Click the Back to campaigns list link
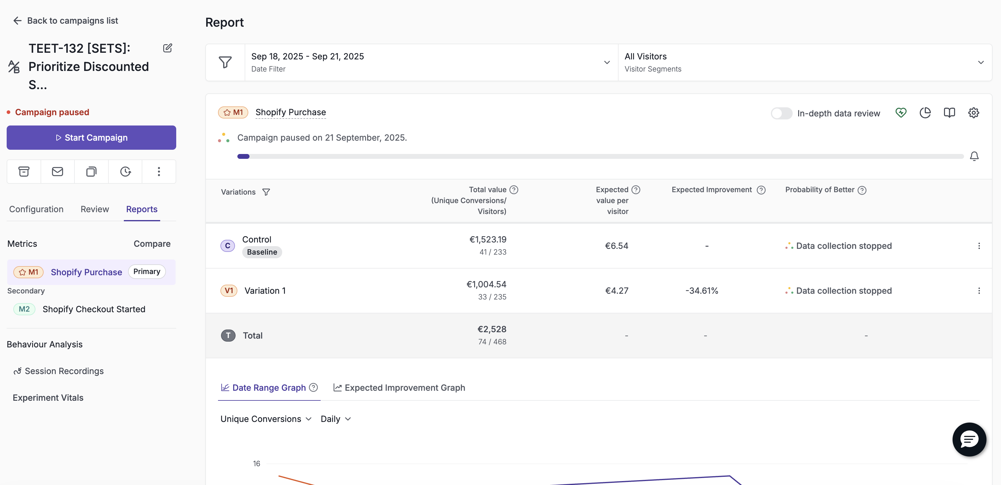pyautogui.click(x=65, y=21)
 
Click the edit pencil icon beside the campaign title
pyautogui.click(x=167, y=48)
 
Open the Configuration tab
pyautogui.click(x=36, y=209)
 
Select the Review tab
pyautogui.click(x=95, y=209)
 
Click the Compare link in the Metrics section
pyautogui.click(x=152, y=244)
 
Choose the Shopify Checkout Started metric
pyautogui.click(x=94, y=309)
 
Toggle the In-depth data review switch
pyautogui.click(x=781, y=113)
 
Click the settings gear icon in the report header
pyautogui.click(x=973, y=113)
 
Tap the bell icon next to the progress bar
pyautogui.click(x=974, y=156)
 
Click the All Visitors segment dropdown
pyautogui.click(x=805, y=62)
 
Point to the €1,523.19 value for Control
pyautogui.click(x=488, y=239)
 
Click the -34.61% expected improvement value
pyautogui.click(x=702, y=291)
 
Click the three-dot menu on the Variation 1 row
pyautogui.click(x=979, y=291)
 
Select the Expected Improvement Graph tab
pyautogui.click(x=399, y=388)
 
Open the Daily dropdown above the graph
pyautogui.click(x=336, y=419)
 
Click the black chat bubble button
pyautogui.click(x=969, y=440)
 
